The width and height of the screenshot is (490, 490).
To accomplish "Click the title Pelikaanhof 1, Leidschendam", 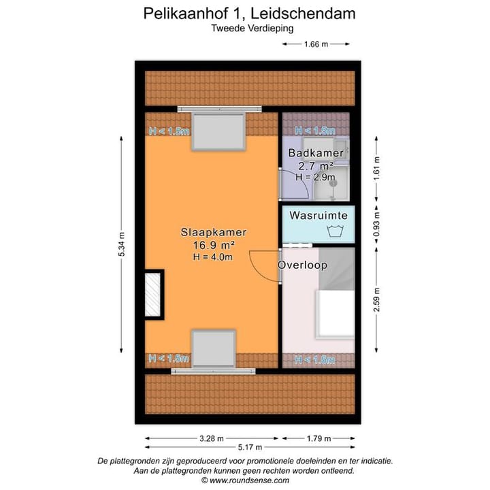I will point(249,14).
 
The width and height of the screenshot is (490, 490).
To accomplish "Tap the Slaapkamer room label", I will point(213,232).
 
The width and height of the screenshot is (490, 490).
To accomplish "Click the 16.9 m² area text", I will point(213,244).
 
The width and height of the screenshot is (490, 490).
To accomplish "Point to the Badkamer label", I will point(310,152).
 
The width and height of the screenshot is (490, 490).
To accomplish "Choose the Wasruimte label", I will point(318,216).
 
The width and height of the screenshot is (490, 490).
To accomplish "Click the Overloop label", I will point(302,265).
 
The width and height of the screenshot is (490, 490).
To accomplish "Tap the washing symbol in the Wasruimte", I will point(334,231).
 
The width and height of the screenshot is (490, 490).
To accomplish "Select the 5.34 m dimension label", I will point(122,244).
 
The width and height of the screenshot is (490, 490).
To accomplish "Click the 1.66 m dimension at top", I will point(315,45).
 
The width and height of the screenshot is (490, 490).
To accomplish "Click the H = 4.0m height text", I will point(213,257).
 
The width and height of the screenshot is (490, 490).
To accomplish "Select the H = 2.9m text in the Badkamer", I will point(315,177).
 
